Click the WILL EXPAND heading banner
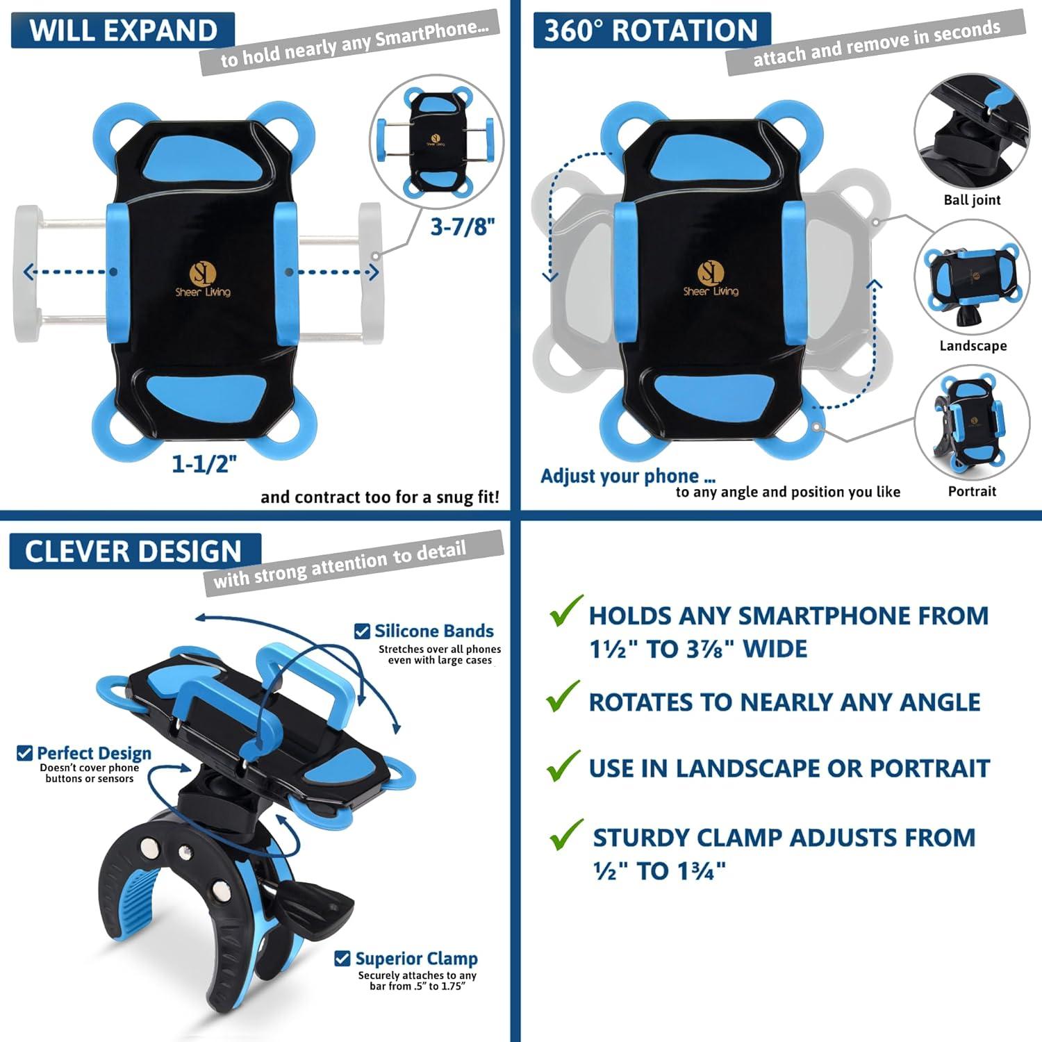coord(123,31)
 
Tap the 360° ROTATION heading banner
coord(652,31)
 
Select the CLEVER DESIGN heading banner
coord(135,552)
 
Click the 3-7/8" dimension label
coord(463,226)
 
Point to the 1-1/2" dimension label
coord(205,463)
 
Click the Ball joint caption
coord(972,200)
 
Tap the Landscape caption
coord(973,346)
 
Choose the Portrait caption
coord(972,491)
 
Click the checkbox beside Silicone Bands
coord(362,631)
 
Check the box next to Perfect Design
coord(24,753)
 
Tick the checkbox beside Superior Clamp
coord(342,959)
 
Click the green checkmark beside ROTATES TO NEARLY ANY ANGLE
coord(563,696)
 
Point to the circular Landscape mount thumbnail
coord(972,278)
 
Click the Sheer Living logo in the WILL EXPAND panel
coord(203,279)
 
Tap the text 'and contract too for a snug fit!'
coord(380,497)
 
